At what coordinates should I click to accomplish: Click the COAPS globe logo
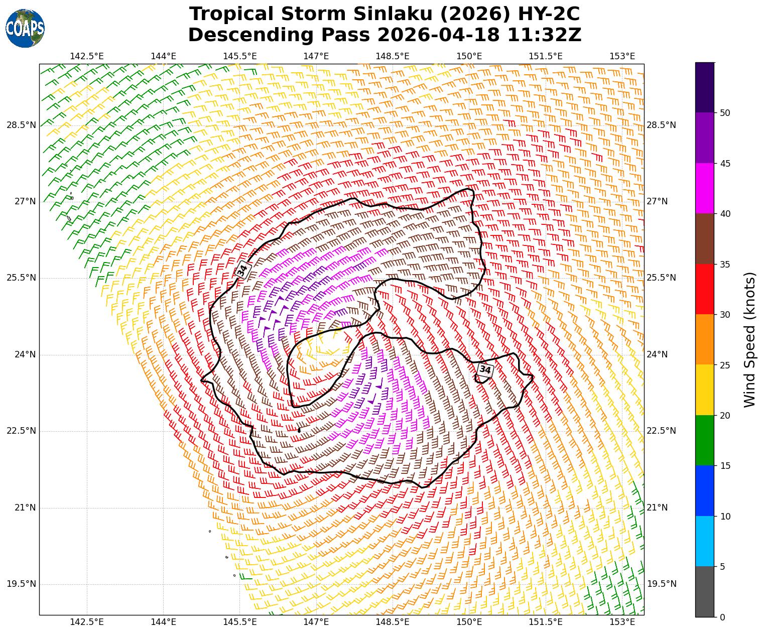pyautogui.click(x=25, y=28)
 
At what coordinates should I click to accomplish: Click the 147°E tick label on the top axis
pyautogui.click(x=316, y=56)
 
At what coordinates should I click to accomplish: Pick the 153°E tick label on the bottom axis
pyautogui.click(x=622, y=622)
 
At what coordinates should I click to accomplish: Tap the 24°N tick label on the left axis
pyautogui.click(x=25, y=354)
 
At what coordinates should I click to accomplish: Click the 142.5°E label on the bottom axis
pyautogui.click(x=87, y=622)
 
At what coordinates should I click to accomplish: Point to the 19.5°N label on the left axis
pyautogui.click(x=21, y=584)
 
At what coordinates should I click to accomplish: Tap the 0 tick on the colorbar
pyautogui.click(x=722, y=617)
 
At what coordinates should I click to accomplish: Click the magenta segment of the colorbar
pyautogui.click(x=705, y=188)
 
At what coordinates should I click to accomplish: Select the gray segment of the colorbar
pyautogui.click(x=705, y=591)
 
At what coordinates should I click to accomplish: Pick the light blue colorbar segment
pyautogui.click(x=705, y=541)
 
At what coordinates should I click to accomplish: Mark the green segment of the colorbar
pyautogui.click(x=705, y=440)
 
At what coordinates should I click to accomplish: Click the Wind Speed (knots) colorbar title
pyautogui.click(x=749, y=339)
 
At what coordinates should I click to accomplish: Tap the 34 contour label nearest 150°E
pyautogui.click(x=485, y=370)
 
